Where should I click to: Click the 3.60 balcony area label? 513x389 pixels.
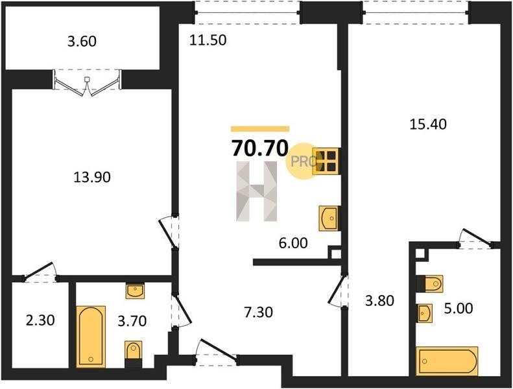82,42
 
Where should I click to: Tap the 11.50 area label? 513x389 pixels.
208,40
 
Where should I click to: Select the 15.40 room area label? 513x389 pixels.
428,124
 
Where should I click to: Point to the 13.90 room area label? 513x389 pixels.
92,178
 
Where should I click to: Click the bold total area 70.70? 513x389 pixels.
260,148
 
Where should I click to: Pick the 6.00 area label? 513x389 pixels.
293,243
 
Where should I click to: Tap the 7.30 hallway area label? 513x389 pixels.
259,312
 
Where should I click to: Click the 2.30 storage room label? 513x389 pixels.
40,320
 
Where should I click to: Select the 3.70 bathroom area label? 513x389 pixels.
132,321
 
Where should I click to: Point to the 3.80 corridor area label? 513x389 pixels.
379,300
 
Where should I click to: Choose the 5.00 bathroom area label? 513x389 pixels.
459,308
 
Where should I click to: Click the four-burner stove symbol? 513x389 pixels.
326,161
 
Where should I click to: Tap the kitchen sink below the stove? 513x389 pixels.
329,218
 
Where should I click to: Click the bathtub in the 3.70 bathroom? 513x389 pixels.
91,336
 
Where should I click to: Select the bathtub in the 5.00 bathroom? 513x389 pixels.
447,361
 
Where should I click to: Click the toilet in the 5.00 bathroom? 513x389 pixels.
429,283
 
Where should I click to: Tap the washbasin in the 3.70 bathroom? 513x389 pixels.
135,290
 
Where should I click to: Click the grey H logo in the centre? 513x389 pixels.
257,191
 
